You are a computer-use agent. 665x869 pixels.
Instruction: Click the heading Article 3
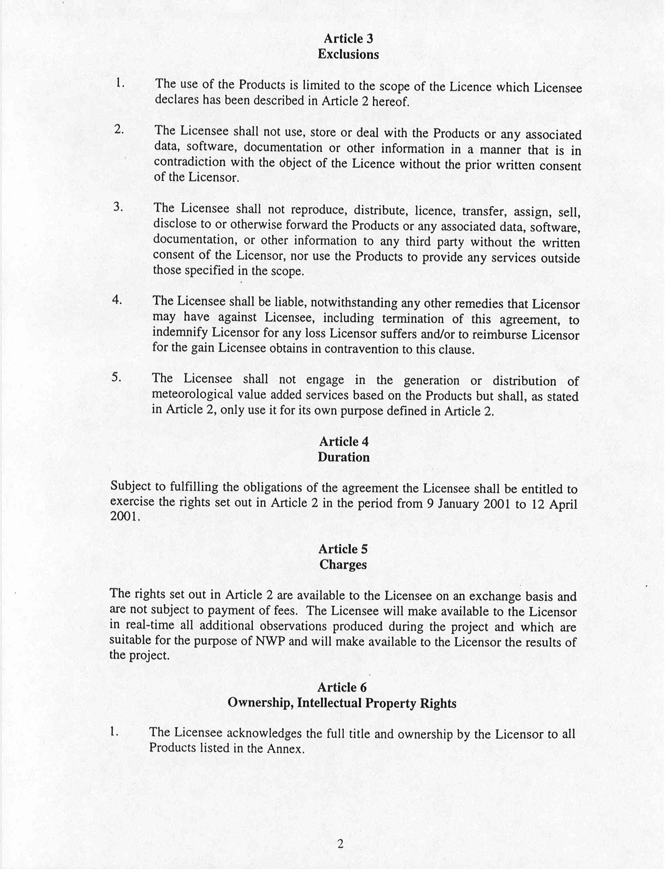coord(348,38)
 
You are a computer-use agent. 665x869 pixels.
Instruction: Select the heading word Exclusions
coord(348,54)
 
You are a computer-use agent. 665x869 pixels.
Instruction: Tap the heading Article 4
coord(344,441)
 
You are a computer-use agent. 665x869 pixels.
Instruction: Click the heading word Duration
coord(344,457)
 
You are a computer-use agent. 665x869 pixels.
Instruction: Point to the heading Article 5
coord(343,549)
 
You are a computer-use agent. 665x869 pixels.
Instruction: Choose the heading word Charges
coord(343,565)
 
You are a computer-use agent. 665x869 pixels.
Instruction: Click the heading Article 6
coord(342,687)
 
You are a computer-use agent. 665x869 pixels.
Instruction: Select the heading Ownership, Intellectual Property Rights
coord(342,703)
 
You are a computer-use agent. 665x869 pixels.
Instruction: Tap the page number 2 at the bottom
coord(340,844)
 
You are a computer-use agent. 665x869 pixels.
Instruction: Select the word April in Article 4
coord(563,504)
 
